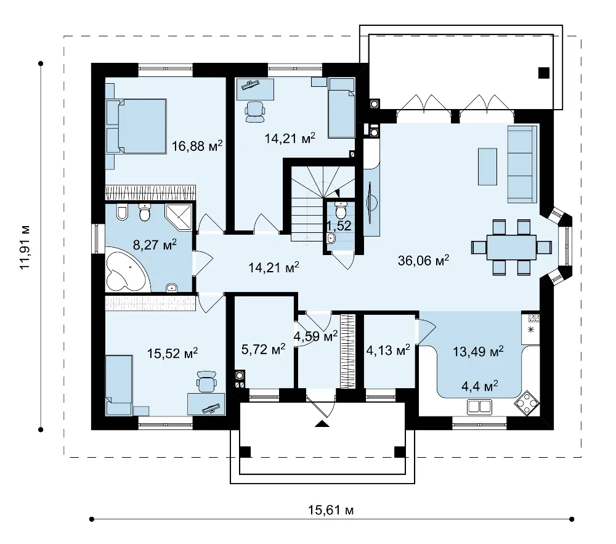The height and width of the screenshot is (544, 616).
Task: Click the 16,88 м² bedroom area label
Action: (x=197, y=146)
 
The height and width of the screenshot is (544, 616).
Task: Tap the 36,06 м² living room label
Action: (x=424, y=260)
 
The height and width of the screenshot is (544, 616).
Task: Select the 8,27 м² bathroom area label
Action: (x=155, y=245)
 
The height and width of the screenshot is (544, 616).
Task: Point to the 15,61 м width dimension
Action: (x=331, y=510)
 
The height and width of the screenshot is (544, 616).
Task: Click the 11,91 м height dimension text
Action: (x=25, y=247)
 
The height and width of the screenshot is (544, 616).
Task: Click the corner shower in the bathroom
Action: (x=179, y=216)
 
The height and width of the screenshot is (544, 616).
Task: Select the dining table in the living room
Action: (x=511, y=247)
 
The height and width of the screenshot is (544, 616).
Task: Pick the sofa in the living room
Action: (x=522, y=164)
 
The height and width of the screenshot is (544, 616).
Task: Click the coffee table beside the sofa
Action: (x=487, y=166)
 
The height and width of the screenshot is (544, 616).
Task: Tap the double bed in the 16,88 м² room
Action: (x=136, y=126)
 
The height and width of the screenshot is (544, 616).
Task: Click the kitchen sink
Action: (x=479, y=407)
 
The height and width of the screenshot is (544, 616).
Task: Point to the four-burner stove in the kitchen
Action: (x=527, y=402)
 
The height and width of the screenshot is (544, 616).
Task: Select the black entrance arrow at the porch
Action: (x=322, y=423)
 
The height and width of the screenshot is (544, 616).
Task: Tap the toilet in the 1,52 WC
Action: (x=341, y=210)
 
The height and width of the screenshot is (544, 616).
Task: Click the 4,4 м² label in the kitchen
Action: (x=480, y=386)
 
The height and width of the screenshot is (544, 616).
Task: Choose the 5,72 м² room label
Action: (x=263, y=349)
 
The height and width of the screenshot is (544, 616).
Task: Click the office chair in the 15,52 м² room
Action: (x=206, y=381)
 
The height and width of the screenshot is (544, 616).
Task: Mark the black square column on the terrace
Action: (x=544, y=73)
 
